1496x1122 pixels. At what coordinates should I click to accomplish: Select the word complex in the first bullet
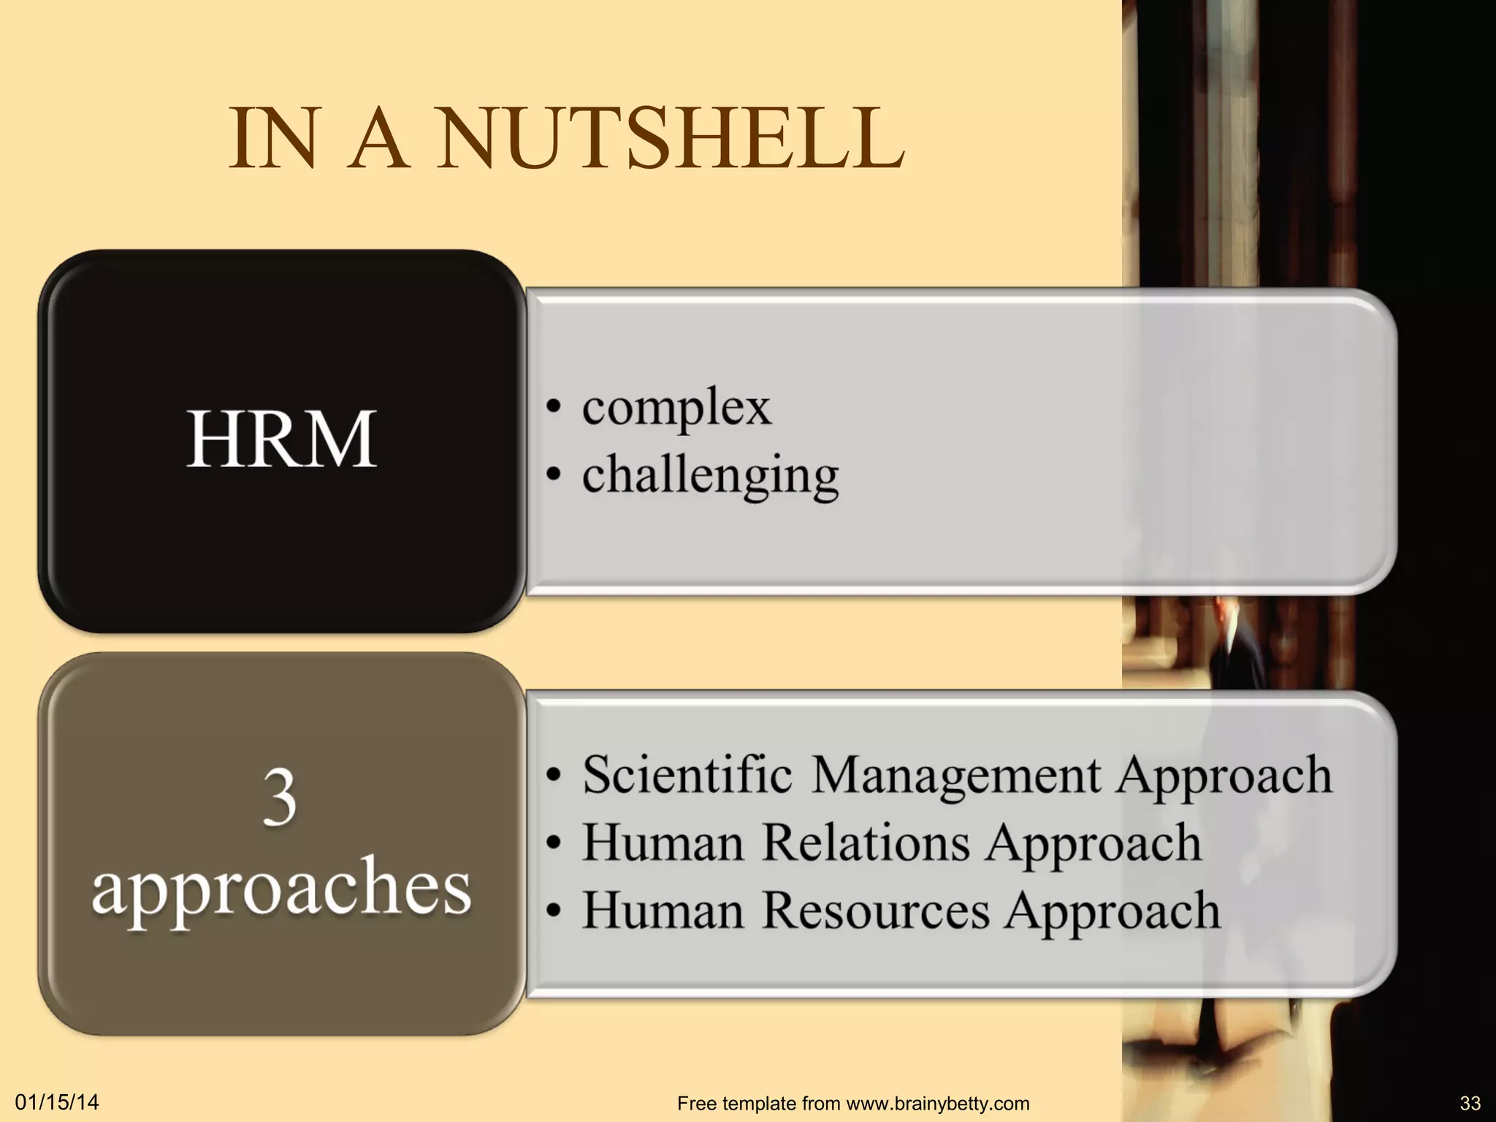676,408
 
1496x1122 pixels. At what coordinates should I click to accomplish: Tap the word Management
955,776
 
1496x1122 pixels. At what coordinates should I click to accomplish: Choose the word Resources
876,911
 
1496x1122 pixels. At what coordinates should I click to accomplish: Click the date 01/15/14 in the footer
57,1102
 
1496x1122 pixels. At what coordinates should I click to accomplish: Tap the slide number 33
1470,1103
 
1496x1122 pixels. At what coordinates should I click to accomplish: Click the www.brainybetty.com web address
938,1104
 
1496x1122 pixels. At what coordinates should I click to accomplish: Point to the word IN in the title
273,139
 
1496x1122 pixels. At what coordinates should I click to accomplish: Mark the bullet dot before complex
554,408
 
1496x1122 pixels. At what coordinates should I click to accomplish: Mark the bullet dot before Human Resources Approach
554,911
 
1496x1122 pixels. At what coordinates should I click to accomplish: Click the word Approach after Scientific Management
1224,776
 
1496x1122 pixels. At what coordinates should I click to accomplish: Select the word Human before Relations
662,843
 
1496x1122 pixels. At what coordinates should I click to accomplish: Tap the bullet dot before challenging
554,476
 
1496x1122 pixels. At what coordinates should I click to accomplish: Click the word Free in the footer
697,1104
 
